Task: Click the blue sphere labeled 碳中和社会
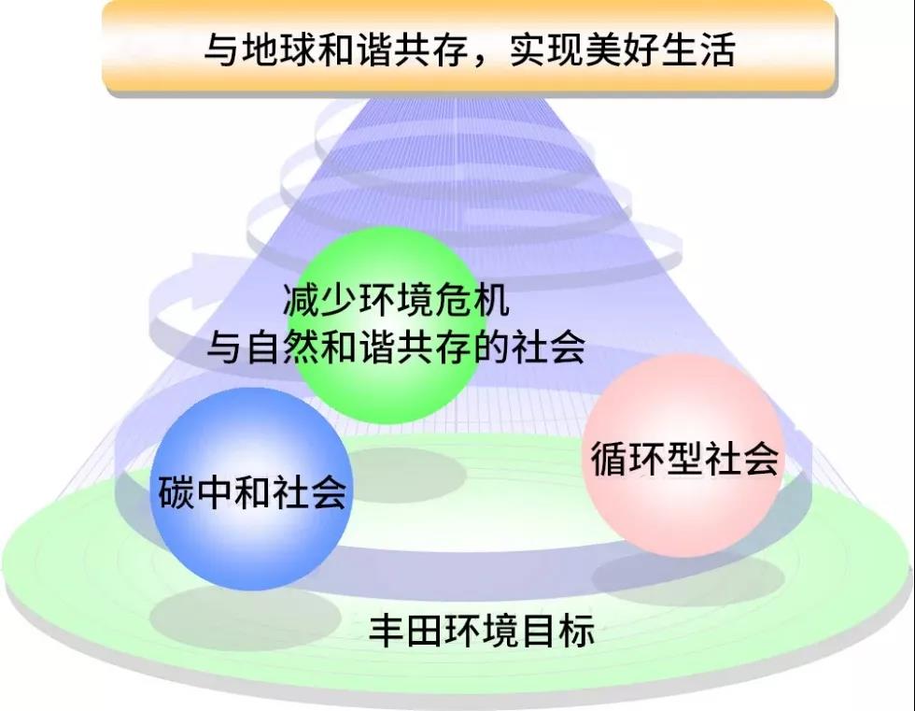point(251,490)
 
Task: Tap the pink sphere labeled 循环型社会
point(683,456)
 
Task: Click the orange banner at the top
point(469,47)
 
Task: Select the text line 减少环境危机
point(396,300)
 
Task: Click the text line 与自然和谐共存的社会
point(396,347)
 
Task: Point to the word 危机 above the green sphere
point(472,300)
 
